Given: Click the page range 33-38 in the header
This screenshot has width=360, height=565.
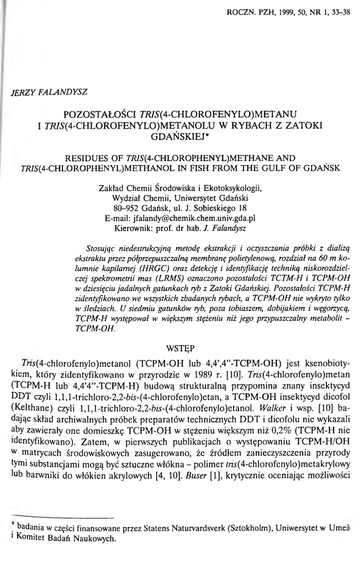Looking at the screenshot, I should (341, 9).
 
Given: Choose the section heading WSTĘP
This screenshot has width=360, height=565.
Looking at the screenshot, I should (180, 349).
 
